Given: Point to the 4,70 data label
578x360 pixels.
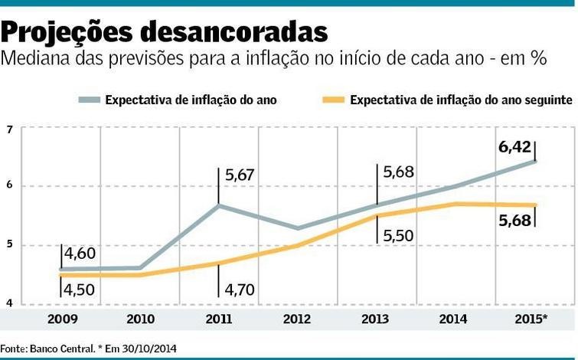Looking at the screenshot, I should click(x=242, y=290).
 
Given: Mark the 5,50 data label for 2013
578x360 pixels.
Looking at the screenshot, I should click(x=398, y=237).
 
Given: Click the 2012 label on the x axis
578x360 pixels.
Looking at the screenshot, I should click(x=297, y=318).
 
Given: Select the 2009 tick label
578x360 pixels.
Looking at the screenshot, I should click(x=61, y=318).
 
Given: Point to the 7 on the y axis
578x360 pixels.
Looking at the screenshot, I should click(x=9, y=128).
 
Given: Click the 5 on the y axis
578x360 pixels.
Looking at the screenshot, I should click(x=9, y=245).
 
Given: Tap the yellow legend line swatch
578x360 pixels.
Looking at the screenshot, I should click(x=333, y=100).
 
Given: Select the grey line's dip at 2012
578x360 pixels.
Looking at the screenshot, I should click(x=297, y=227).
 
